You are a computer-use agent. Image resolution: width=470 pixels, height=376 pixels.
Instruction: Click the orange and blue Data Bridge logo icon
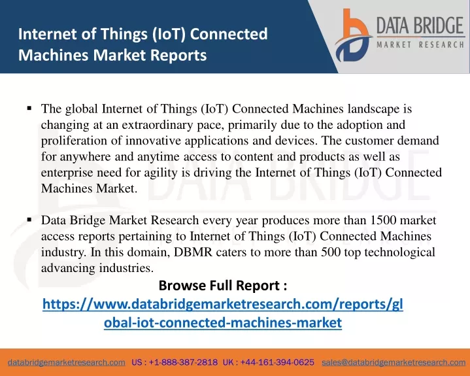coord(353,36)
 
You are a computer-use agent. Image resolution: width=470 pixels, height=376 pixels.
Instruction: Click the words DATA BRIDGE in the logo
coord(420,26)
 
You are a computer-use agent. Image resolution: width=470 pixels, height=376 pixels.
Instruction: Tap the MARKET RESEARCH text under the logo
coord(420,44)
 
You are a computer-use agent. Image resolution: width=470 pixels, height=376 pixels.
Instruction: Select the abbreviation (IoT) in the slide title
coord(169,33)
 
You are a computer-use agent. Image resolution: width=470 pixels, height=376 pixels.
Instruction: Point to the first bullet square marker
coord(29,108)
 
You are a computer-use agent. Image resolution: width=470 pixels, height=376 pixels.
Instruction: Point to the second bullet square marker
coord(29,220)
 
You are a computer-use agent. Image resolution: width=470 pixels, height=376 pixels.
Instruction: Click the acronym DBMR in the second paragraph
coord(193,252)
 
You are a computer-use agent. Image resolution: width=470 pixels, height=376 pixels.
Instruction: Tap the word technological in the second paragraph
coord(399,252)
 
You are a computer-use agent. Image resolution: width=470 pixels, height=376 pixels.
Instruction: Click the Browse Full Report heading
coord(223,285)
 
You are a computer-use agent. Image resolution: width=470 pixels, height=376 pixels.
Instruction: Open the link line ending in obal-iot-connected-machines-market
coord(223,322)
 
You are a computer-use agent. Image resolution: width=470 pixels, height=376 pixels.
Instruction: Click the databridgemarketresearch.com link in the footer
coord(67,362)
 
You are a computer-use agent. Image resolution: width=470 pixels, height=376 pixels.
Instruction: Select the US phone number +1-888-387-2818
coord(183,362)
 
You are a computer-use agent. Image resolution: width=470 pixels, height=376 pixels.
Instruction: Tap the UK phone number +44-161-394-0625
coord(277,362)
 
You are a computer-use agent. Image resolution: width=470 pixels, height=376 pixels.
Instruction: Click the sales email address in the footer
coord(394,362)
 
